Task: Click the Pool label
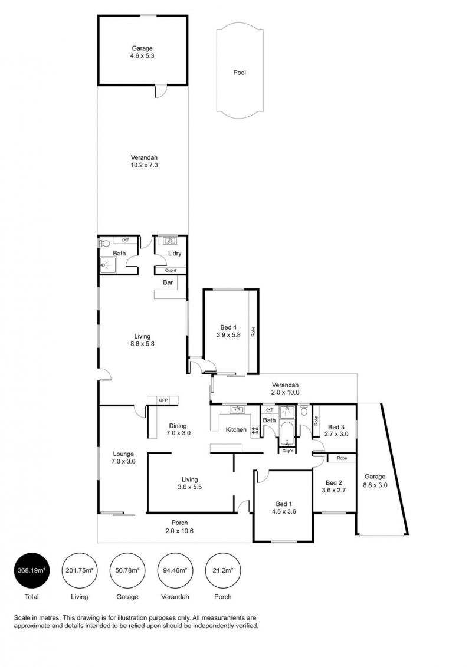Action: [x=240, y=73]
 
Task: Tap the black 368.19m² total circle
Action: [x=32, y=570]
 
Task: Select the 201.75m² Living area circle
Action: [x=80, y=570]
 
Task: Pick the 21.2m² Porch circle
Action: [x=222, y=570]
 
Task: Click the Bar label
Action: [x=168, y=282]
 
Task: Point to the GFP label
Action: [x=163, y=400]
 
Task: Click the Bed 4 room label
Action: [x=228, y=327]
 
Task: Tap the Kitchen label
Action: [x=236, y=430]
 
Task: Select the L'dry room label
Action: [x=175, y=253]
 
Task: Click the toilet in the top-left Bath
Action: [x=104, y=244]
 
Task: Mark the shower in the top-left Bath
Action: [x=108, y=265]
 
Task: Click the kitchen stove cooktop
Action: [x=255, y=431]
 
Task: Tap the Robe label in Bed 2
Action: [x=342, y=458]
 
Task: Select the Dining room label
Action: [x=178, y=426]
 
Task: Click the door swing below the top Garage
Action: [x=160, y=91]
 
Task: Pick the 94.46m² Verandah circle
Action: [x=175, y=570]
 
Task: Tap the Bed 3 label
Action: [x=336, y=427]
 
